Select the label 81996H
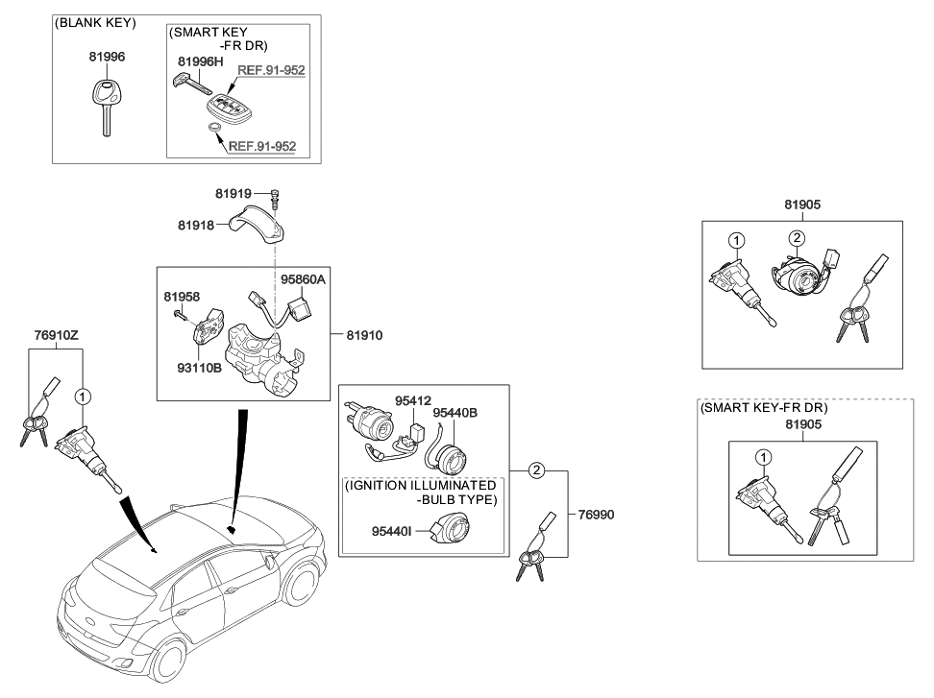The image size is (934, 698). pos(200,62)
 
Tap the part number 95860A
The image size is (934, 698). pos(303,279)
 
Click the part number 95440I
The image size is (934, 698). pos(395,530)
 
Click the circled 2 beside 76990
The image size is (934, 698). pos(538,470)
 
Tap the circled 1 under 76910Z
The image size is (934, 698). pos(83,395)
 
